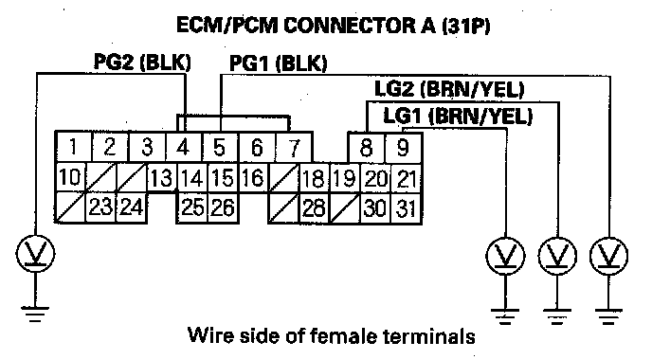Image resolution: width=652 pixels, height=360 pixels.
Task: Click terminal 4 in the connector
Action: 184,147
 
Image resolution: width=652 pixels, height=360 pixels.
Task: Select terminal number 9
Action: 404,148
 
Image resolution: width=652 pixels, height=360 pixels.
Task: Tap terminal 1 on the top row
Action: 74,146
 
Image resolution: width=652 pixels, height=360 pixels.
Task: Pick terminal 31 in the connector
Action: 407,208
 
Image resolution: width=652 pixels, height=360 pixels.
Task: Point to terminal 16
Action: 253,177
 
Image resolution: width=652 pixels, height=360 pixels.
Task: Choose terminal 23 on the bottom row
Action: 100,207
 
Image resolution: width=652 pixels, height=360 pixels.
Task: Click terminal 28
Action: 315,208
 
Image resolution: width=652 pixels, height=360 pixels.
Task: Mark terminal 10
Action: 70,176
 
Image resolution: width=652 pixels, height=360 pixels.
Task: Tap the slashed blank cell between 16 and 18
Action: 283,178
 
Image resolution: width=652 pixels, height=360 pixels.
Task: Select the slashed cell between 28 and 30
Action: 345,208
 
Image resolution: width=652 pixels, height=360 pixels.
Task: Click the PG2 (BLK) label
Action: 142,62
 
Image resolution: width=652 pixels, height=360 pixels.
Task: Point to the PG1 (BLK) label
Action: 279,63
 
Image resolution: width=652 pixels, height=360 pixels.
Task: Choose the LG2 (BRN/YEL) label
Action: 449,89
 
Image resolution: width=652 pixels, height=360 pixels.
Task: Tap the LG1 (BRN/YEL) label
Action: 458,116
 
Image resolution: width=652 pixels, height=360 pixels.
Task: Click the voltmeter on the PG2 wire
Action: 35,253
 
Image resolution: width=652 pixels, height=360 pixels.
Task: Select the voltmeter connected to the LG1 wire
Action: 505,255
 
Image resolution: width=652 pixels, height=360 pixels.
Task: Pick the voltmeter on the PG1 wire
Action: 608,255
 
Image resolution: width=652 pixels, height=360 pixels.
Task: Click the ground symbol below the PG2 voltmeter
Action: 35,315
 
